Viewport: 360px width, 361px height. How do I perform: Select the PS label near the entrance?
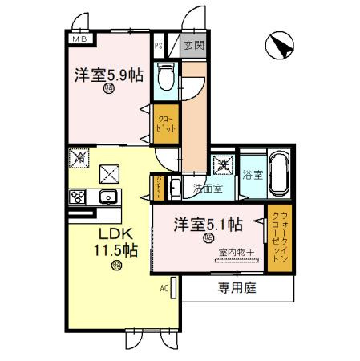coord(159,46)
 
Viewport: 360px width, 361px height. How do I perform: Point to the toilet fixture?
coord(165,75)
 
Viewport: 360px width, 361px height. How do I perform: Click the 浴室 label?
coord(253,175)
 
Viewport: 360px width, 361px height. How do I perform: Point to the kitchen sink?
coord(107,197)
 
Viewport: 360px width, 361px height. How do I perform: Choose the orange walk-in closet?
coord(277,238)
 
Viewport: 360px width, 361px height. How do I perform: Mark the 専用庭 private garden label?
coord(236,286)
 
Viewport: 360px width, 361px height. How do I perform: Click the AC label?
coord(164,287)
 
